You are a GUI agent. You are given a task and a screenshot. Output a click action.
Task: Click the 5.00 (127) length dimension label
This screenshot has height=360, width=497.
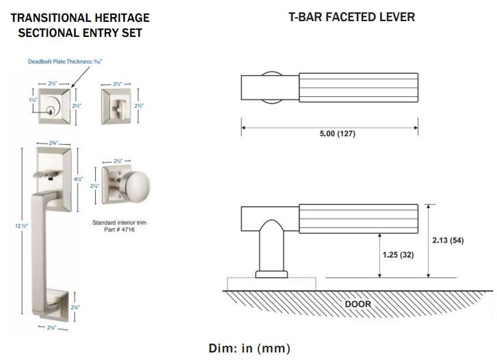(338, 134)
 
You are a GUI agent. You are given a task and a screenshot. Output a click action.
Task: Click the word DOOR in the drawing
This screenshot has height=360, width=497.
(358, 304)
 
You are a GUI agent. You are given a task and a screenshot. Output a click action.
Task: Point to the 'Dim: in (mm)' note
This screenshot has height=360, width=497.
(249, 348)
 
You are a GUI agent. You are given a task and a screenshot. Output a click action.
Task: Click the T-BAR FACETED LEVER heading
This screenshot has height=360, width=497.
(351, 17)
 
